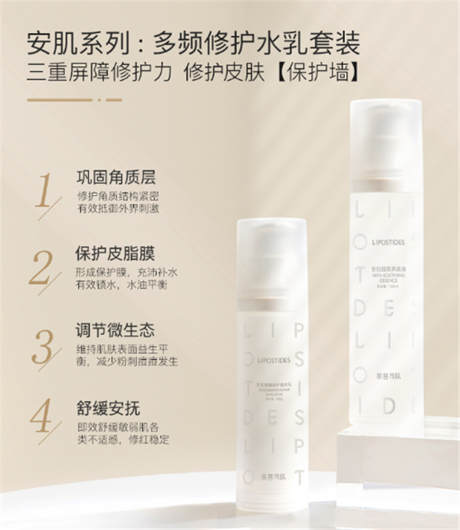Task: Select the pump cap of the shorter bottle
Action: coord(271,246)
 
